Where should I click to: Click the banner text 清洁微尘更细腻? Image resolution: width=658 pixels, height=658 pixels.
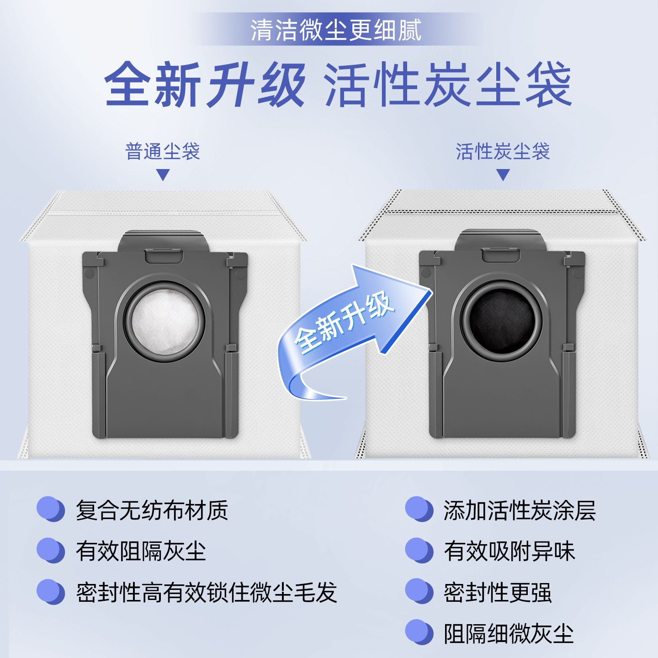pos(336,30)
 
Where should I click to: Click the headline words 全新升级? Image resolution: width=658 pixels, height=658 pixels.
pos(205,85)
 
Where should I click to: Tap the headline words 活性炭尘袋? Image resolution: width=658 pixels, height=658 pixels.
pos(448,85)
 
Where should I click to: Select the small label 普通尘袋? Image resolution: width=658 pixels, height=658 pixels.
pos(163,151)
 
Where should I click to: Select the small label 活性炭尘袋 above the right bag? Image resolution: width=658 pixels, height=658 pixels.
pos(503,151)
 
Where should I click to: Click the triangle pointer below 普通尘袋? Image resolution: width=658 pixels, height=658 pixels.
pos(163,175)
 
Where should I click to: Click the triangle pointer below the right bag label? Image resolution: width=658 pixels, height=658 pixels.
pos(503,175)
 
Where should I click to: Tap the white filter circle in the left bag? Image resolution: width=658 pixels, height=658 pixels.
pos(165,321)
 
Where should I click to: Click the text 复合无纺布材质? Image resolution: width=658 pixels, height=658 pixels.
pos(152,510)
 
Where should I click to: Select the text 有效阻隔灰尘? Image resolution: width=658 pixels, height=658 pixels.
pos(141,551)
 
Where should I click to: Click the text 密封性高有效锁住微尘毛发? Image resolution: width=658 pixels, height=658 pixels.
pos(207,592)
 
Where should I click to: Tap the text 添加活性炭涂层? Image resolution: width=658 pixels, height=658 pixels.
pos(520,510)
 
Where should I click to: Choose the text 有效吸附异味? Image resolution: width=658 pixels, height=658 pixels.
pos(509,551)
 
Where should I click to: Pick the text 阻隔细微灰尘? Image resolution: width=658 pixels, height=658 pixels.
pos(509,633)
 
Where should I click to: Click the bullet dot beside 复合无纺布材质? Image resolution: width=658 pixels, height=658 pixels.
pos(50,509)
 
